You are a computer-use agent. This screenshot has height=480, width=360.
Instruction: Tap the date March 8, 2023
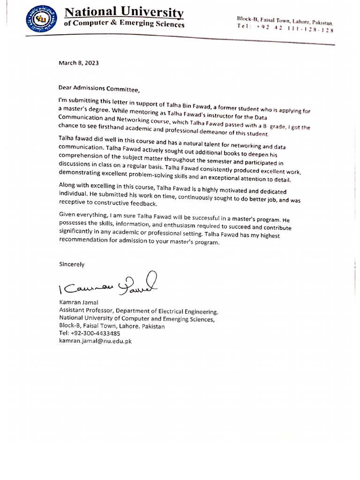pos(79,62)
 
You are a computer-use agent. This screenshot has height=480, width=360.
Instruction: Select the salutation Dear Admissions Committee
pos(99,88)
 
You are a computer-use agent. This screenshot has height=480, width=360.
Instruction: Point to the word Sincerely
pos(72,264)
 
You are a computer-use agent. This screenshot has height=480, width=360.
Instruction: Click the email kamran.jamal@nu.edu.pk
pos(95,341)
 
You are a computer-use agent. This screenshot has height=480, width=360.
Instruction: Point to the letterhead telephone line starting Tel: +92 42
pos(285,29)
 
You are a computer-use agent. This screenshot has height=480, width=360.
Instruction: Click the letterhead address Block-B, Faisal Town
pos(285,20)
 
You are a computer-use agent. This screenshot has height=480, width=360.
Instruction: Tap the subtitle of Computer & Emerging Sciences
pos(124,25)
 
